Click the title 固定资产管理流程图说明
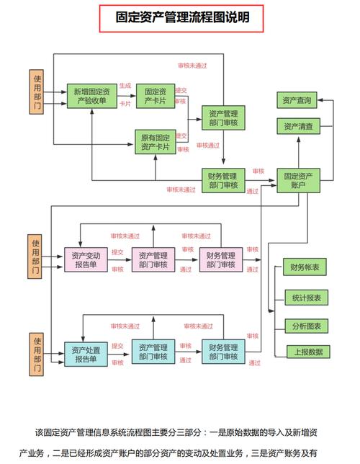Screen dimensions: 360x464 tap(181, 17)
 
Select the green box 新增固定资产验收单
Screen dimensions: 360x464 tap(91, 96)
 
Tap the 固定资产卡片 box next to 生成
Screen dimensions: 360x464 tap(156, 96)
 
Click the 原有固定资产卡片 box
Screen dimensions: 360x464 tap(156, 142)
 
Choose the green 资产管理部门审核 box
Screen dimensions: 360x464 tap(223, 117)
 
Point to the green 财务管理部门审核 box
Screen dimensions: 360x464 tap(223, 181)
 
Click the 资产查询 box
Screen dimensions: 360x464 tap(297, 100)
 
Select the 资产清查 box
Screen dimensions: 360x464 tap(299, 126)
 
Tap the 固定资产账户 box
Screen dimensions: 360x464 tap(299, 181)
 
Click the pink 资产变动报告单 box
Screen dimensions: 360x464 tap(86, 259)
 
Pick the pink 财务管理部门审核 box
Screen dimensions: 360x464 tap(221, 259)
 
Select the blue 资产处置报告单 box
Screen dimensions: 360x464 tap(86, 354)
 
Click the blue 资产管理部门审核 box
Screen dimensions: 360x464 tap(153, 352)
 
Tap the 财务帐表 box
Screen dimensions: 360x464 tap(305, 267)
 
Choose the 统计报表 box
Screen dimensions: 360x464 tap(307, 298)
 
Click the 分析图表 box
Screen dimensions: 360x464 tap(307, 326)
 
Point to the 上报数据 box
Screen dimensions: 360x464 tap(308, 352)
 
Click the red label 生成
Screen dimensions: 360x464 tap(125, 86)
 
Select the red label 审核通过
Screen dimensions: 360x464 tap(208, 146)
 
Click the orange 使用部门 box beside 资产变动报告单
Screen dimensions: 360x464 tap(35, 256)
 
